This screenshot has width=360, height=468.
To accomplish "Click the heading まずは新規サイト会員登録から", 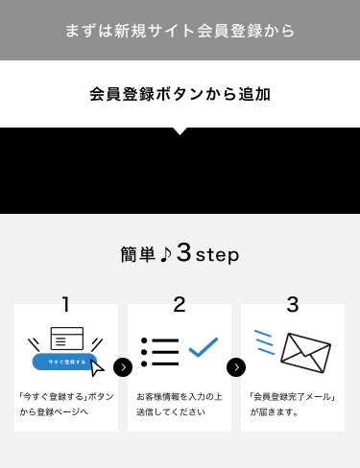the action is pos(180,31).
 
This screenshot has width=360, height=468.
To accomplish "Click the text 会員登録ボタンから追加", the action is pos(180,94).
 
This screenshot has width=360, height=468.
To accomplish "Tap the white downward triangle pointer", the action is pos(180,131).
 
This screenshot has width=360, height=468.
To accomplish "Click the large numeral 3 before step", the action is pos(184,252).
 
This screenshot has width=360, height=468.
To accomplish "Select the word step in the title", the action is pos(217,255).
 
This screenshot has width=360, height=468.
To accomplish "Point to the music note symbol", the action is pos(166,254).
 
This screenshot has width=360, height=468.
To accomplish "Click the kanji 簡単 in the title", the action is pos(138,254).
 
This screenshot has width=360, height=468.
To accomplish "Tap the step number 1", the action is pos(65,304).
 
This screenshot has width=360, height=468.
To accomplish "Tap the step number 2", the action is pos(180,304).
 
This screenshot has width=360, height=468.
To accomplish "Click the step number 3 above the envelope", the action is pos(293,304).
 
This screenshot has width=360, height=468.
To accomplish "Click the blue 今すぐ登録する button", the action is pos(64,362).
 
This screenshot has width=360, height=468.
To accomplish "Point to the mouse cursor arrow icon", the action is pos(97,368).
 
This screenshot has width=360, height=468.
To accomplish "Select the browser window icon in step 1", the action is pos(67,339).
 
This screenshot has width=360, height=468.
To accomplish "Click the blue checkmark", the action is pos(204,347).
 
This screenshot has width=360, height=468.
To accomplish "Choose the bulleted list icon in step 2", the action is pos(159,352).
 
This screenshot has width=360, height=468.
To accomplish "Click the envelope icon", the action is pos(305,353).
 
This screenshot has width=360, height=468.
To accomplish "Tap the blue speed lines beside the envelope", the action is pos(264,342).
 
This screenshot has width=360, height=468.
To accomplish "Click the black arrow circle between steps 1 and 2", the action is pos(123,367).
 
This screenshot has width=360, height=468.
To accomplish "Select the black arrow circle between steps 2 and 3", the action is pos(236,367).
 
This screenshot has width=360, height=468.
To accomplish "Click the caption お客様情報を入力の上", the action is pos(180,397).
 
